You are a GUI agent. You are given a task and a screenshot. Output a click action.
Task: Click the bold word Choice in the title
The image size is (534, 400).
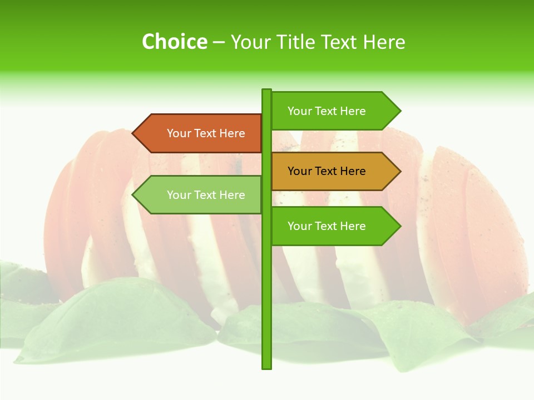(174, 42)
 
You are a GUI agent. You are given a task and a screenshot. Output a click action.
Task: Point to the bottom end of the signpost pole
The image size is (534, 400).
(266, 367)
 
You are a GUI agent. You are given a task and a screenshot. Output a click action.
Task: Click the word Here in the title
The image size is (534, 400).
(384, 42)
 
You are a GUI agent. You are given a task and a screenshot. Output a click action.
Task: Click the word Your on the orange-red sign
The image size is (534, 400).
(179, 133)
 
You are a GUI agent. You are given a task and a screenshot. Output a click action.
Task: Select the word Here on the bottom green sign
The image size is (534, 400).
(353, 226)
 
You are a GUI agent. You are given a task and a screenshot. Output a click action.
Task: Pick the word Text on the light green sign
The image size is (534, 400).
(206, 195)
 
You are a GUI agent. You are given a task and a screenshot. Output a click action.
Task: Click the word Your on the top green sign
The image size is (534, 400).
(299, 111)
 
